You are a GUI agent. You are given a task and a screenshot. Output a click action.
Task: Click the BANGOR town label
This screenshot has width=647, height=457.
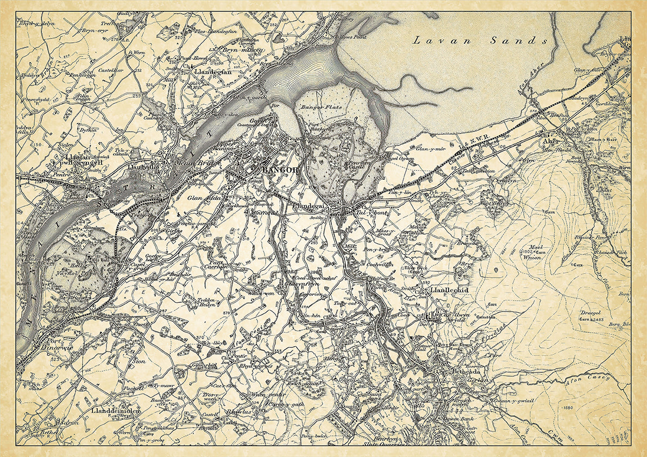(x=280, y=170)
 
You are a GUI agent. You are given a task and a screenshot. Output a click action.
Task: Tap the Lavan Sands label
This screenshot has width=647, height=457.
(x=480, y=40)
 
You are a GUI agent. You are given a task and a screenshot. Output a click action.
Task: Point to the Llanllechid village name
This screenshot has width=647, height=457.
(x=449, y=290)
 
